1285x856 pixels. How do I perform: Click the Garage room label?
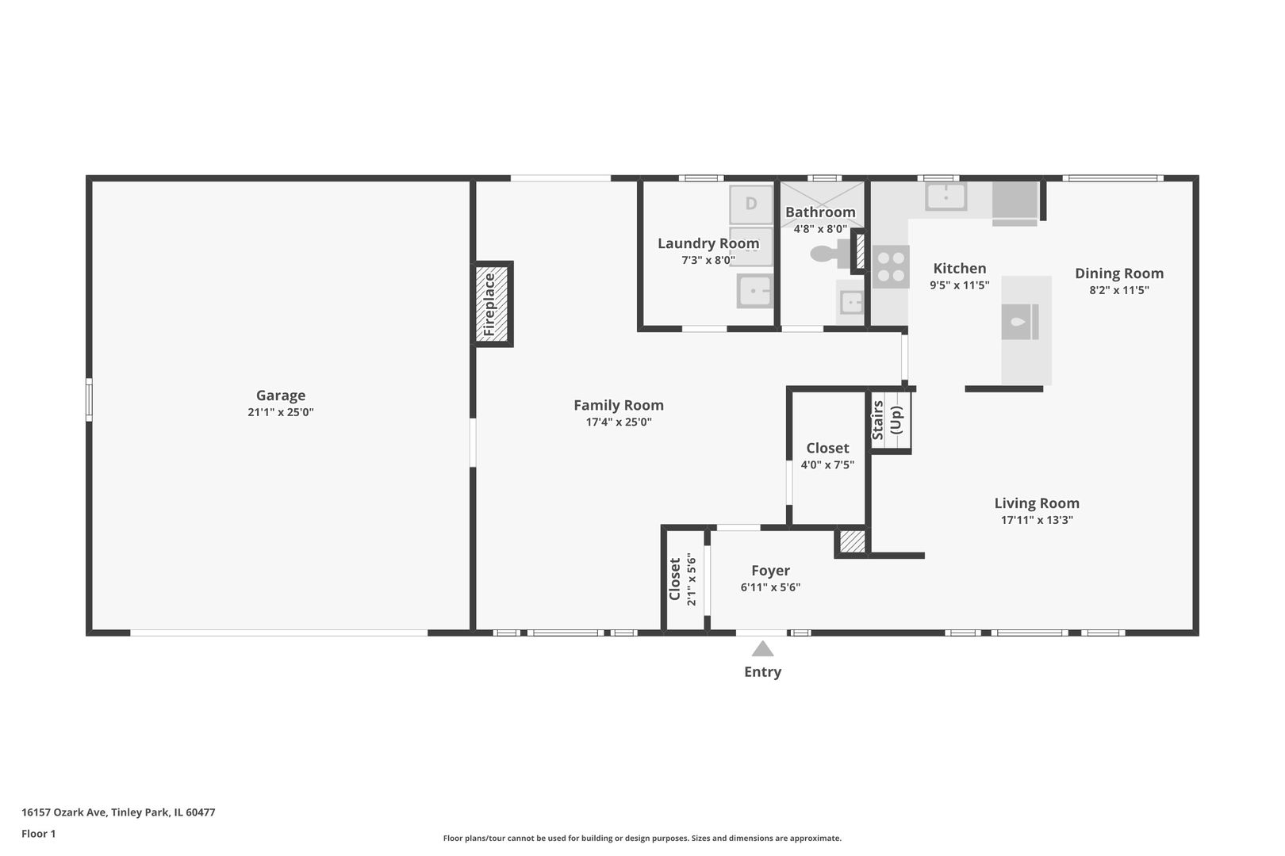tap(281, 395)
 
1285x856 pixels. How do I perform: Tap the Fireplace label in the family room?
tap(489, 304)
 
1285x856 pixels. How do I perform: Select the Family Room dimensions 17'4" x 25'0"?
tap(619, 422)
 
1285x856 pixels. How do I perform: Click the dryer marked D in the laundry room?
tap(751, 204)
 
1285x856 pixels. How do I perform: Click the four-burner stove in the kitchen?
tap(891, 266)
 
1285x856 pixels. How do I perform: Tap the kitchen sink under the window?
tap(946, 196)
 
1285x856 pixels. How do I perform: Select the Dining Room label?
tap(1119, 273)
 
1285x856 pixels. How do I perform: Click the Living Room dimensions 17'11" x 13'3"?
tap(1037, 520)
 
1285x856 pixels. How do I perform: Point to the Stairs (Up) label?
tap(887, 420)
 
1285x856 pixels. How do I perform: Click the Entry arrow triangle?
tap(762, 648)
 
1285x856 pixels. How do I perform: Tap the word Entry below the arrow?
tap(762, 671)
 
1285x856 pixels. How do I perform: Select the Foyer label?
tap(770, 571)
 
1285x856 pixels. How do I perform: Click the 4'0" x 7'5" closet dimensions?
tap(827, 464)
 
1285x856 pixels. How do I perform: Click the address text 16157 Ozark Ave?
tap(63, 812)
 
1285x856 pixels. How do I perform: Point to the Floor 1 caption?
tap(38, 834)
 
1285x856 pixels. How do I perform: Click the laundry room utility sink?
tap(755, 291)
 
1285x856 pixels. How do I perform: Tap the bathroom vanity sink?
tap(851, 301)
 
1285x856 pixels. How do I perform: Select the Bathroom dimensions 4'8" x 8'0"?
tap(820, 229)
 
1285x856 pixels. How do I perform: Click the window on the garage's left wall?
tap(89, 399)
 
